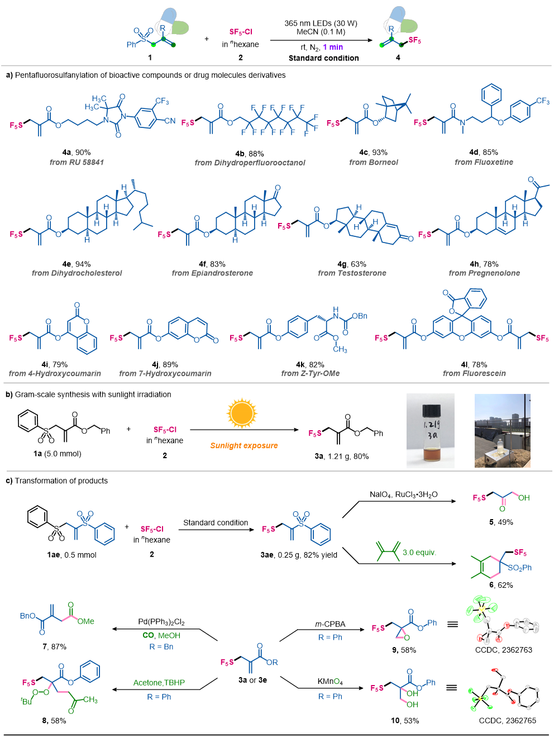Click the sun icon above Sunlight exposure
(242, 413)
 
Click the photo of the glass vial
(430, 430)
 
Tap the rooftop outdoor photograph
(502, 430)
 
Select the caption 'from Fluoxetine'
(484, 162)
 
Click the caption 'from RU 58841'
(77, 162)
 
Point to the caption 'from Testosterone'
(352, 273)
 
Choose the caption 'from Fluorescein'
(474, 373)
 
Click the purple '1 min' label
(333, 47)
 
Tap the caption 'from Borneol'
(374, 162)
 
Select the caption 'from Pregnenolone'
(484, 273)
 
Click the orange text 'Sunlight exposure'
(244, 446)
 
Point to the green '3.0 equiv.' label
(419, 553)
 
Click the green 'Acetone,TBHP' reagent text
(159, 683)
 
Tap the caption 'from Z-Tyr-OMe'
(311, 373)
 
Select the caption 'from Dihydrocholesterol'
(77, 273)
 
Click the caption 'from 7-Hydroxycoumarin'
(165, 373)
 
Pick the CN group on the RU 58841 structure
(170, 121)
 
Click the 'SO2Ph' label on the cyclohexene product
(519, 568)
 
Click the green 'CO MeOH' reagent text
(161, 635)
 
